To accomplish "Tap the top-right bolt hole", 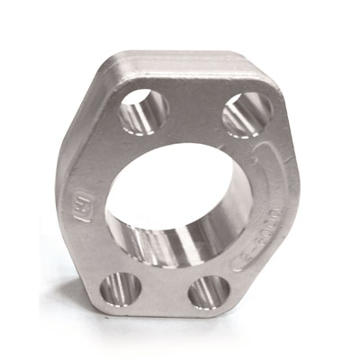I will pos(246,112).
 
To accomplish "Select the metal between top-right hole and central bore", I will pos(236,148).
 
